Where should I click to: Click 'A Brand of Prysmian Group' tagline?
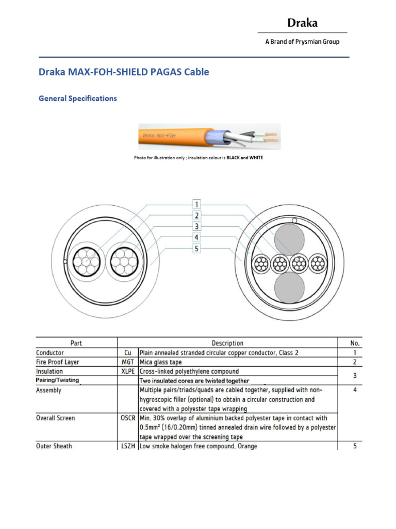302,42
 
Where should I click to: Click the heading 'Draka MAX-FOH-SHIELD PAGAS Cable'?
124,72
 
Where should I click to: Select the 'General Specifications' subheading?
78,99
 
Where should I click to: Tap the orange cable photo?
209,136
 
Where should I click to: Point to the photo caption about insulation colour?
198,158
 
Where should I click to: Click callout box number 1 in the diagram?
196,204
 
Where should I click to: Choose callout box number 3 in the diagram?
196,226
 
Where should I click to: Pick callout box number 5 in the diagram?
196,249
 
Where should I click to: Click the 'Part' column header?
76,343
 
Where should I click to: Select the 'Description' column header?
227,343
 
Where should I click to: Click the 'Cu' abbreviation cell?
128,353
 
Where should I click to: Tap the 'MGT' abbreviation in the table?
128,362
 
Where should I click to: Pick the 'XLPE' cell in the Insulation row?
128,371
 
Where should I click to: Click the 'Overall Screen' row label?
55,418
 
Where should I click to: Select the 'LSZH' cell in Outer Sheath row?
128,446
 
